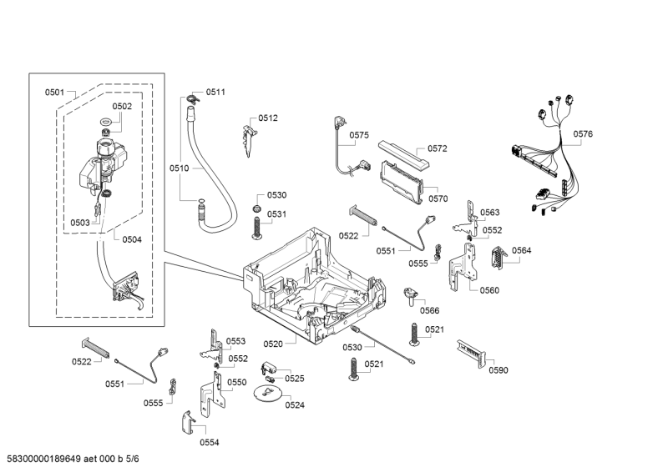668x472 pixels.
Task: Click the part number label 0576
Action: coord(583,134)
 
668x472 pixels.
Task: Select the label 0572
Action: coord(438,149)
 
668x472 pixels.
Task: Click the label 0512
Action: coord(268,118)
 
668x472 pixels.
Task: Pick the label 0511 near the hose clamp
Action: coord(215,92)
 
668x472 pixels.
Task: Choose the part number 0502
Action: coord(122,107)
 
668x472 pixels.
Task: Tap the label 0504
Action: coord(132,240)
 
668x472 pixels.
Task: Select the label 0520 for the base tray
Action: coord(273,344)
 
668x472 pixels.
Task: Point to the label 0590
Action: coord(498,370)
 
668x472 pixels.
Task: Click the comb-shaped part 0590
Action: coord(472,354)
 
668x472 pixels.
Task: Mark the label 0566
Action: coord(429,310)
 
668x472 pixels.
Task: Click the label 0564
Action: coord(522,251)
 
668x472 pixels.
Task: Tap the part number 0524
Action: coord(295,404)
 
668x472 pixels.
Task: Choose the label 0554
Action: coord(209,442)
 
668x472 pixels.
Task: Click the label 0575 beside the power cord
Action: coord(359,135)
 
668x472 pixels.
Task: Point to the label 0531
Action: coord(276,214)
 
